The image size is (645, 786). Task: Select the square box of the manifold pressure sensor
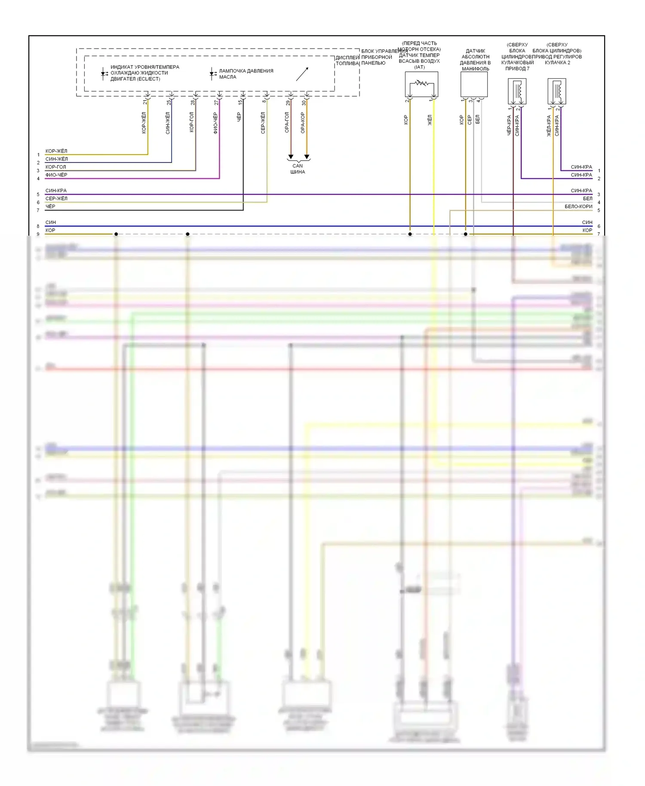pos(474,84)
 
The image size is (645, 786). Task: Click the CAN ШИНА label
pos(298,169)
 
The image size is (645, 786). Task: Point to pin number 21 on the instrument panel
pos(145,102)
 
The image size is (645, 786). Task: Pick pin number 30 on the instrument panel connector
pos(304,103)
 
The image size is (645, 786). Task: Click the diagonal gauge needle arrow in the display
pos(302,74)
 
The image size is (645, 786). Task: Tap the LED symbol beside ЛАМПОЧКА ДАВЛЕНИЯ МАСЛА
pos(212,74)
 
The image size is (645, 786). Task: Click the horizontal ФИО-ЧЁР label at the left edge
pos(56,175)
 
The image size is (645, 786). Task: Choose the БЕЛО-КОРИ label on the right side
pos(578,206)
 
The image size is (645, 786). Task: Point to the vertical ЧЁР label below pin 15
pos(239,117)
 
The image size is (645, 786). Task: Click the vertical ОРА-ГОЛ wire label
pos(287,122)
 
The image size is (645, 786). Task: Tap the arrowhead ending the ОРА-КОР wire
pos(307,157)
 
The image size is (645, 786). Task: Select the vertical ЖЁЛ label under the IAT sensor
pos(430,120)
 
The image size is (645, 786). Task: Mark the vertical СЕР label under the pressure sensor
pos(470,120)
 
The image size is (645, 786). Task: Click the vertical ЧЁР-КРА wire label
pos(509,125)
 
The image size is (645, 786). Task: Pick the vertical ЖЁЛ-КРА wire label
pos(549,126)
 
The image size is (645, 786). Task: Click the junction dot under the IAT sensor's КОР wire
pos(410,234)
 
